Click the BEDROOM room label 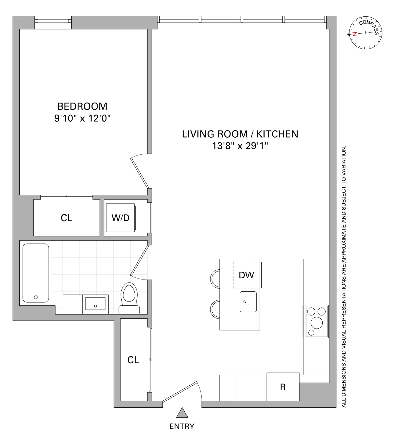82,106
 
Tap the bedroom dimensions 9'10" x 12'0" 82,118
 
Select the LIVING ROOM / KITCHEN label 240,134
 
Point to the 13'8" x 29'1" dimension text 240,146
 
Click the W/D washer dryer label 120,218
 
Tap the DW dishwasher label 247,275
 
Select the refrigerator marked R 283,387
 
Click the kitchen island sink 248,301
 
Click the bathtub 36,273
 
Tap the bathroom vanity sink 95,303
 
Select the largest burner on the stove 316,322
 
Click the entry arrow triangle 182,413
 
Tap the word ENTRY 182,426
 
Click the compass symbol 365,33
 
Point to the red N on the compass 354,34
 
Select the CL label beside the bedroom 67,218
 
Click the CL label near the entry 133,360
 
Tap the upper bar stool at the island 215,278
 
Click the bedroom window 53,21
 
